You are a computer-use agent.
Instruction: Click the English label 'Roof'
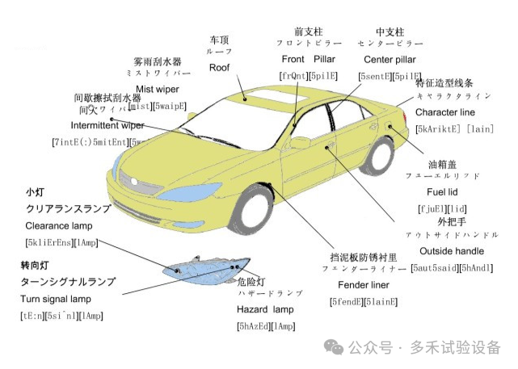(219, 68)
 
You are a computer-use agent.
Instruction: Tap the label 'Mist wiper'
(157, 89)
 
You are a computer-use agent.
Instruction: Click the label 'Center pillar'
(389, 61)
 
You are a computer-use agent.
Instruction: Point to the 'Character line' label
(444, 112)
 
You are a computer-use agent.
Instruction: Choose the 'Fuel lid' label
(442, 192)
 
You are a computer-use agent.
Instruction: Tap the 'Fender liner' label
(359, 285)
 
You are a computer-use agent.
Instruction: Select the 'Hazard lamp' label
(266, 309)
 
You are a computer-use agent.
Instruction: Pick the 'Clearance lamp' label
(59, 225)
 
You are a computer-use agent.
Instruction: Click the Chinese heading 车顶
(219, 39)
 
